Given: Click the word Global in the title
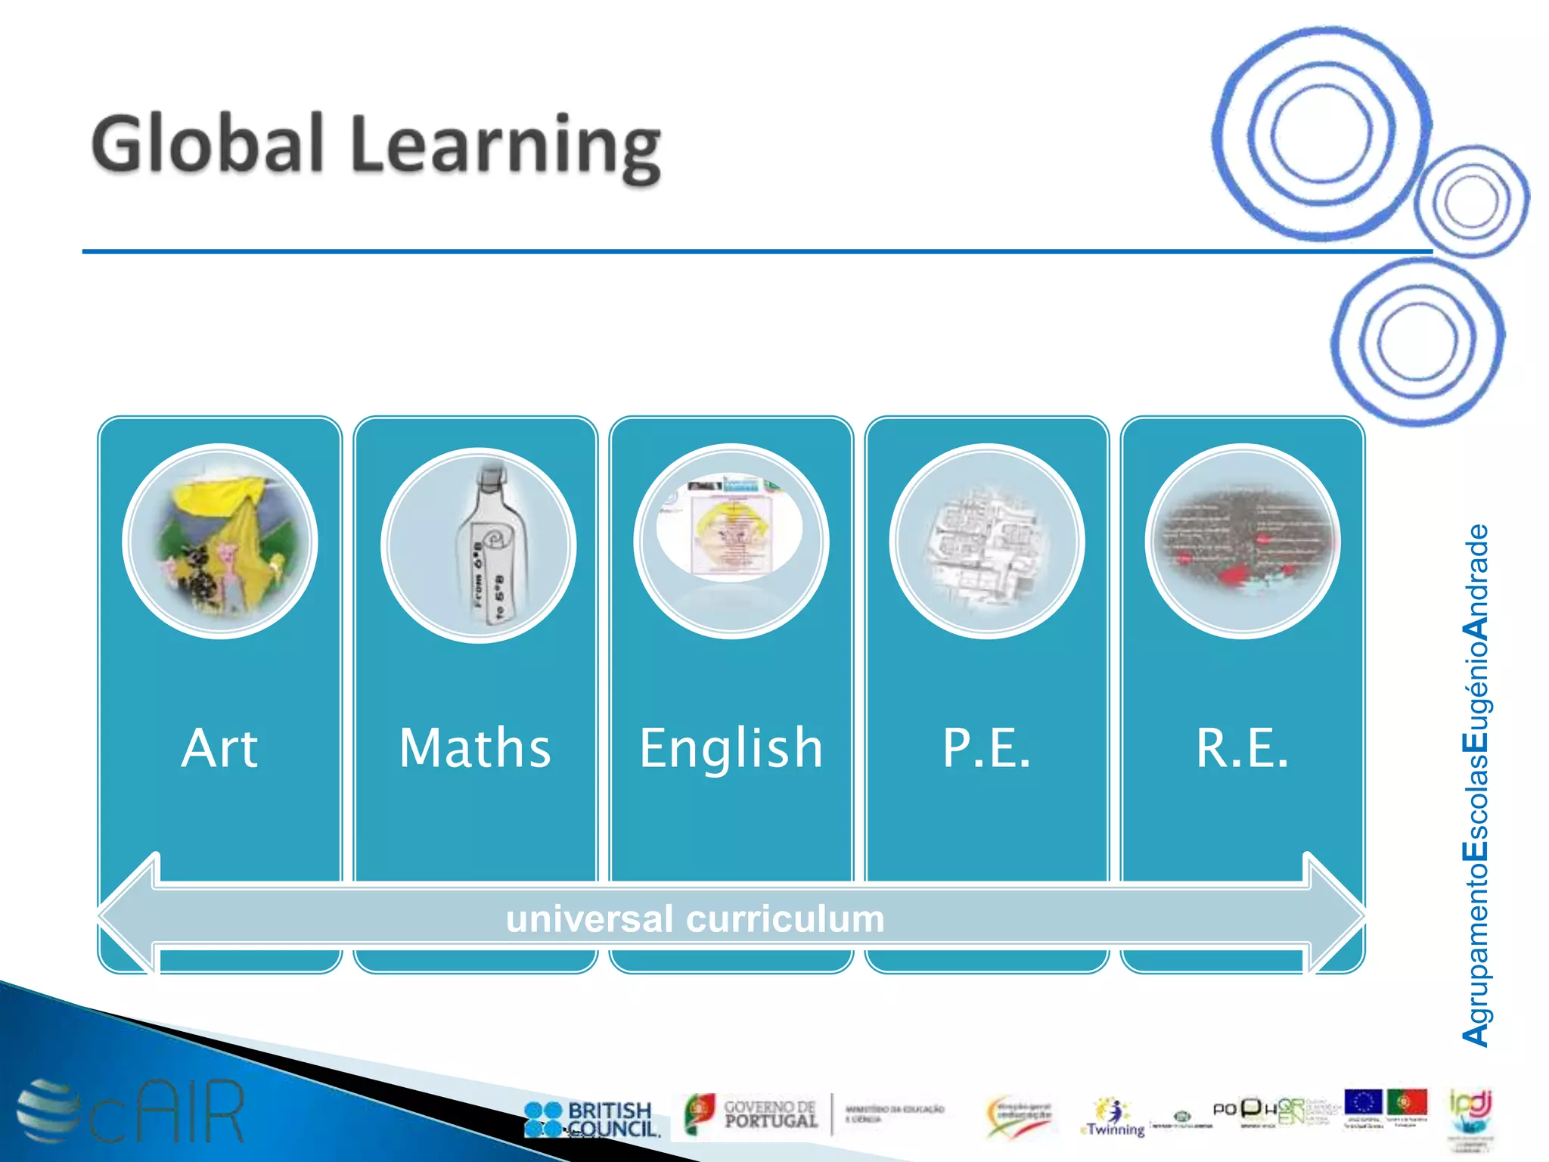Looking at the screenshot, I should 208,144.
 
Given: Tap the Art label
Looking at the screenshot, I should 219,747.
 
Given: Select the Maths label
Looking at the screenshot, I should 475,747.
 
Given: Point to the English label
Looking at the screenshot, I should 731,747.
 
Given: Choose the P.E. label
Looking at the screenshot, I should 986,747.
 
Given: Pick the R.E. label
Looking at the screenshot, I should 1242,747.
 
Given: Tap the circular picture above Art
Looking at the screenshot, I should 220,542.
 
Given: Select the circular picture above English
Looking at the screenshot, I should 731,542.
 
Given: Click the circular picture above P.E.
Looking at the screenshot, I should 987,542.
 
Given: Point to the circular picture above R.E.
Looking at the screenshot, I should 1243,542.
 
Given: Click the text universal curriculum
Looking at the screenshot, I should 694,918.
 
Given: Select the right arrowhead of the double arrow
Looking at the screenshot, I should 1336,915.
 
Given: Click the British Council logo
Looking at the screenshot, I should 591,1119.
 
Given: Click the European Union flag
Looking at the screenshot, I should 1363,1101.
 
